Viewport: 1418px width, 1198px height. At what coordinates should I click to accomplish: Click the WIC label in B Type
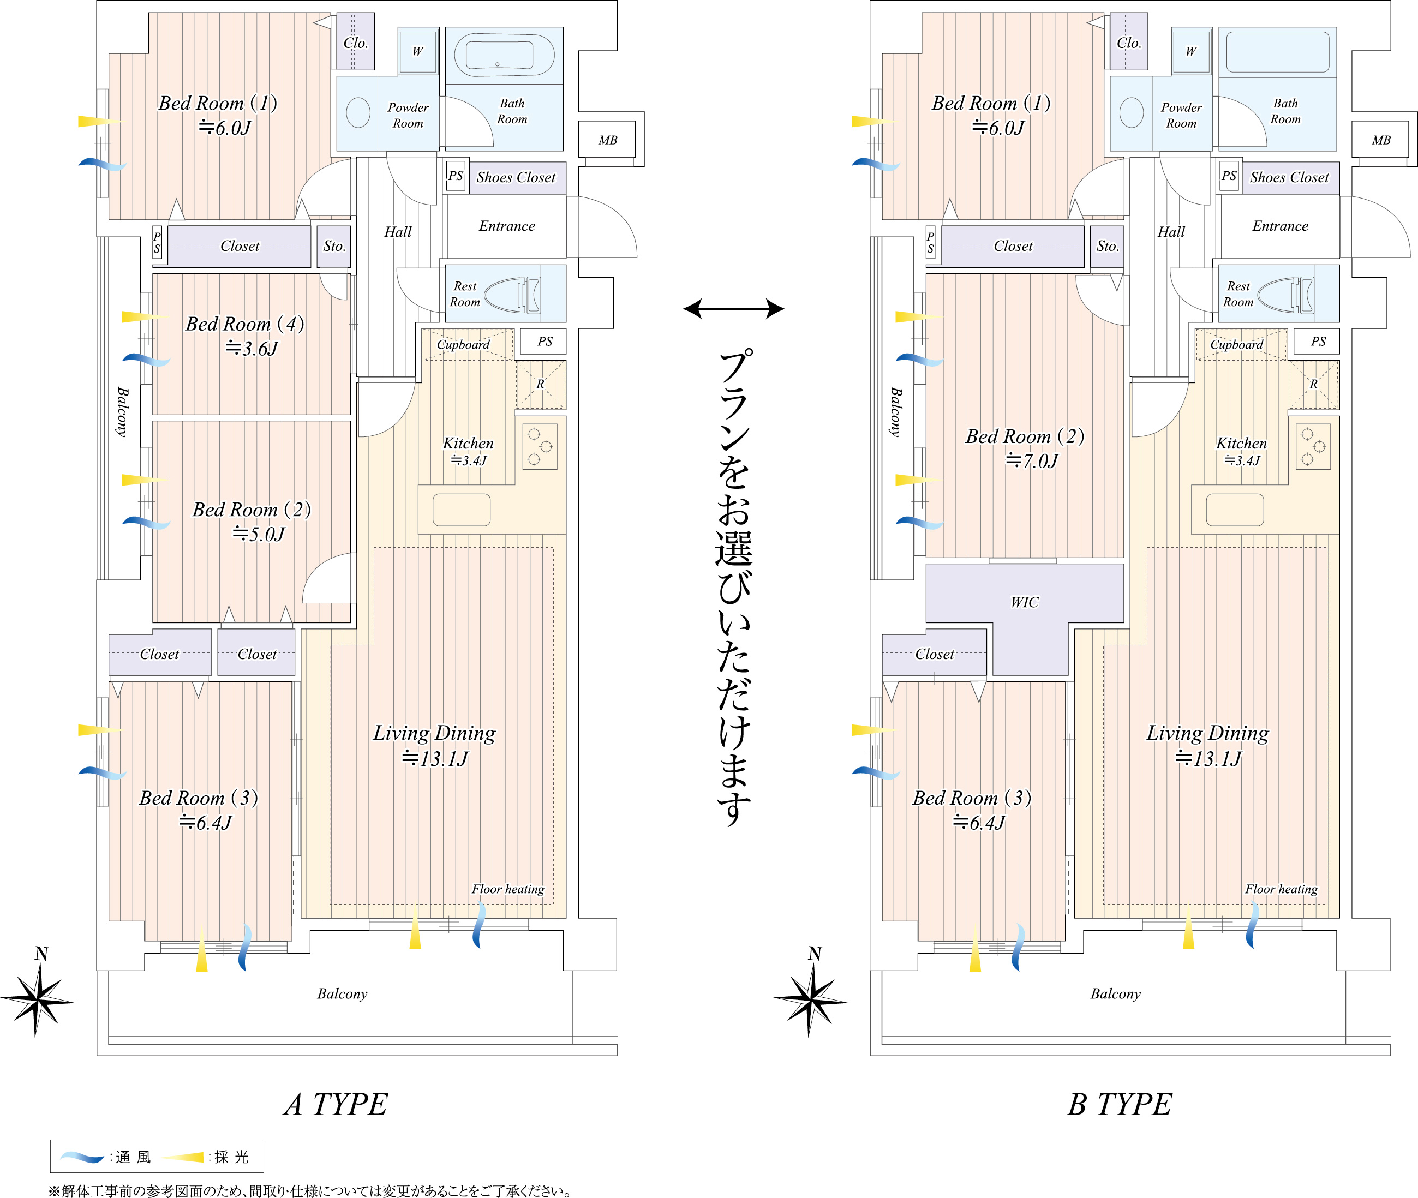[1024, 602]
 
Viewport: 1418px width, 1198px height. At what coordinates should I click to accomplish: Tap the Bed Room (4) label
[245, 324]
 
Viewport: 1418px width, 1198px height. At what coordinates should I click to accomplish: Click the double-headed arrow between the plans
[733, 309]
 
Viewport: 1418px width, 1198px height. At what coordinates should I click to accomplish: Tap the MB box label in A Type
[608, 141]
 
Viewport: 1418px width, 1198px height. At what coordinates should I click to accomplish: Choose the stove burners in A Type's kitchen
[540, 446]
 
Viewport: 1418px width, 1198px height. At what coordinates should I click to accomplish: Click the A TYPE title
[336, 1104]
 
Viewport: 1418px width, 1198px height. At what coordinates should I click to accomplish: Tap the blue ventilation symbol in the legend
[81, 1157]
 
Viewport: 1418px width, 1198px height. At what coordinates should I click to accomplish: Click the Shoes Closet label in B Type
[1289, 177]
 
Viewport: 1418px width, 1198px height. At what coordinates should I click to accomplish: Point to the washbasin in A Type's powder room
[358, 113]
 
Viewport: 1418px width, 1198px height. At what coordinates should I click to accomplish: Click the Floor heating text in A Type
[508, 889]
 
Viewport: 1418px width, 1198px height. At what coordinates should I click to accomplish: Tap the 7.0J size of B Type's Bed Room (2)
[1032, 461]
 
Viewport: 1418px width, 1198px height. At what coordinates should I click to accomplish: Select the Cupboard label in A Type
[463, 344]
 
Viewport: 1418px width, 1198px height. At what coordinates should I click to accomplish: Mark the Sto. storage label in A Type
[334, 246]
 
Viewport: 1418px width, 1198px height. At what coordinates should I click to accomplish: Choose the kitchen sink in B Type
[1235, 510]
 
